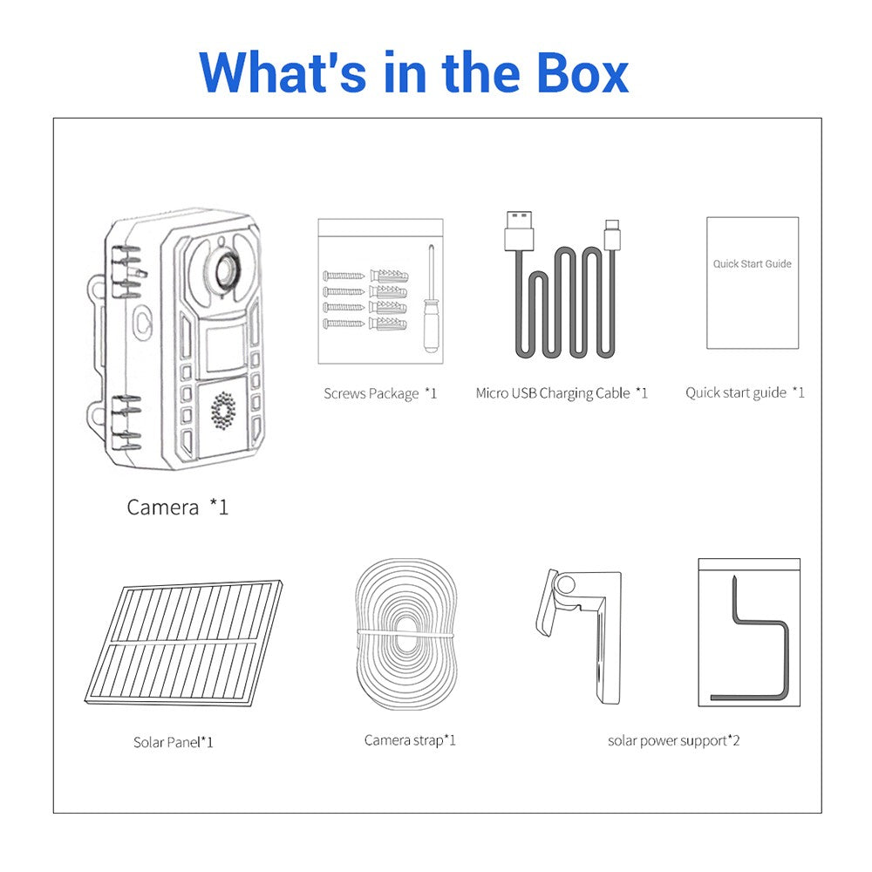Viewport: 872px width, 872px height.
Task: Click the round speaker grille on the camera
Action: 223,411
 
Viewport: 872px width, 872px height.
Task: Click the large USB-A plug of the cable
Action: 519,230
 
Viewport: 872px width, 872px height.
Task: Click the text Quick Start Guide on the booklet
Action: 752,263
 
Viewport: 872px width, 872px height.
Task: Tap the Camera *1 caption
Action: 177,507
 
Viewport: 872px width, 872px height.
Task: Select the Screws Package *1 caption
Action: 380,394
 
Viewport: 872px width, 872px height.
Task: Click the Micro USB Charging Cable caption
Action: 562,393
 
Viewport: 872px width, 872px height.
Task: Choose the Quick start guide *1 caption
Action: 745,392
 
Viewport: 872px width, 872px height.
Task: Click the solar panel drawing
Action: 183,643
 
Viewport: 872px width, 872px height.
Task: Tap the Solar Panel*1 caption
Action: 173,742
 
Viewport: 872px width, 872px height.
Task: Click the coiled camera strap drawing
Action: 406,635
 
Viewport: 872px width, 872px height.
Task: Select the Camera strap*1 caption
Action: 410,740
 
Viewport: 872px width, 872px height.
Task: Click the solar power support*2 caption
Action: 673,740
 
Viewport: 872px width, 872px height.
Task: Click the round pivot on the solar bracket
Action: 566,585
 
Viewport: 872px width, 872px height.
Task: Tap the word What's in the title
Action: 283,72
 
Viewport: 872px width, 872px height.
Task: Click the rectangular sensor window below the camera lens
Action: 225,349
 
